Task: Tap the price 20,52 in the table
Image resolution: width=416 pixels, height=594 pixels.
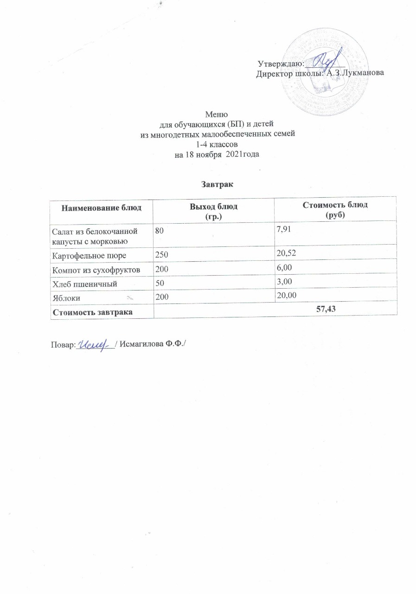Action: click(285, 255)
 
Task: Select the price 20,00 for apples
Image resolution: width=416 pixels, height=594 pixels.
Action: click(286, 296)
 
